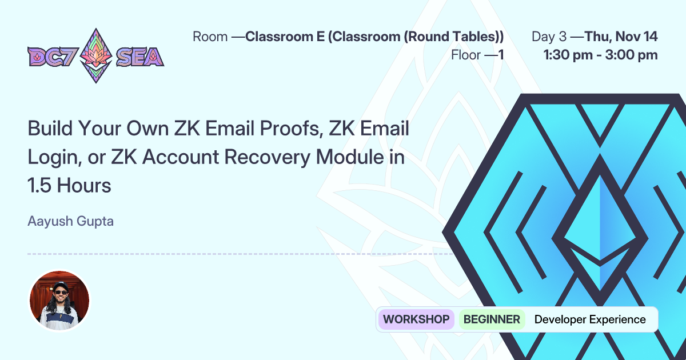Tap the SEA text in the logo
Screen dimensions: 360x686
(x=140, y=57)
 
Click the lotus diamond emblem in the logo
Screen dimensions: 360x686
(x=95, y=55)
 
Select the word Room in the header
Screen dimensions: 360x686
(x=210, y=37)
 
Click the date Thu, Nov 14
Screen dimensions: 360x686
(x=621, y=37)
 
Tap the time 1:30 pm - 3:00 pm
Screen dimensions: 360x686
(x=600, y=55)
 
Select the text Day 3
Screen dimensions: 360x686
(x=549, y=37)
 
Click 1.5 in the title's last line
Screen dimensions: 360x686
(x=40, y=185)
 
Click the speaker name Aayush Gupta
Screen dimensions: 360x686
(x=70, y=221)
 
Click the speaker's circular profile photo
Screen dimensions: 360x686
(x=59, y=301)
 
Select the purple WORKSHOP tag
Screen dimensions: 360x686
(x=416, y=319)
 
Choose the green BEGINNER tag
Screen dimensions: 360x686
(x=492, y=319)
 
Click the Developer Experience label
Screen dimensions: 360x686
(x=590, y=319)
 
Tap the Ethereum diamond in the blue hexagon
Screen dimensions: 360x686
(x=600, y=229)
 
